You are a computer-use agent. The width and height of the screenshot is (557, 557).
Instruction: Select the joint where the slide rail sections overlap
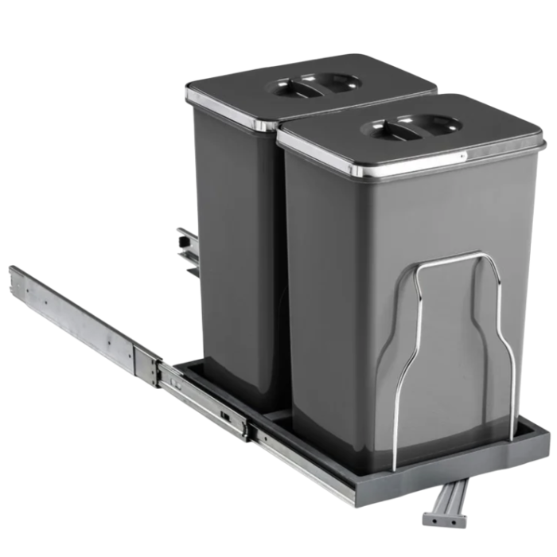(x=151, y=366)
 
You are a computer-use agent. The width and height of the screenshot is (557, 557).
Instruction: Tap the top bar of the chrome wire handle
(x=454, y=256)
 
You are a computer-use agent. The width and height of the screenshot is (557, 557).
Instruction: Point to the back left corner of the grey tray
(x=185, y=366)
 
